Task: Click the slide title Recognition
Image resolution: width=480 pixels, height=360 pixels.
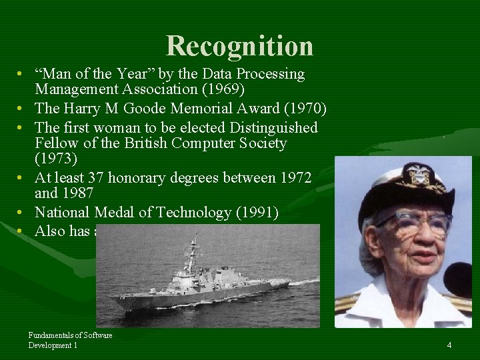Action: click(x=239, y=46)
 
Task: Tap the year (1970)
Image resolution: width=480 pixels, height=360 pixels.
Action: click(x=303, y=109)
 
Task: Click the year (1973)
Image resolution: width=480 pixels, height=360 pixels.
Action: click(x=57, y=160)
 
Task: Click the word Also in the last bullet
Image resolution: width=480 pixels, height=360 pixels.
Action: click(x=51, y=231)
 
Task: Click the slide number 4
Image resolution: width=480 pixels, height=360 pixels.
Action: click(x=449, y=345)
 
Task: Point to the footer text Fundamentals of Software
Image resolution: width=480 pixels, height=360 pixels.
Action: click(x=70, y=335)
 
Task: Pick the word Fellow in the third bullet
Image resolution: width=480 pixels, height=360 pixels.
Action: click(x=57, y=143)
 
